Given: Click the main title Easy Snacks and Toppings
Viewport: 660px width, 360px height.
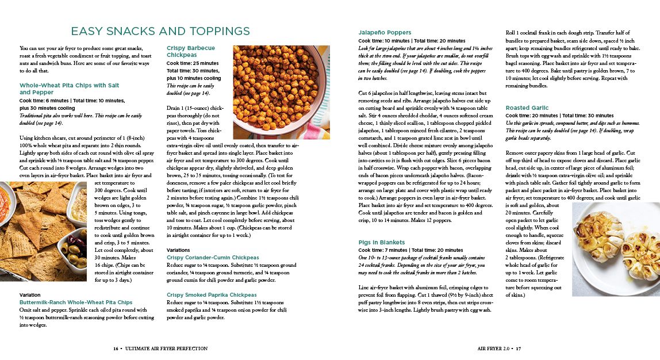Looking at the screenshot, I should coord(160,31).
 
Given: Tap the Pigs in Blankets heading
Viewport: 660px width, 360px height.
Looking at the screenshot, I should coord(382,243).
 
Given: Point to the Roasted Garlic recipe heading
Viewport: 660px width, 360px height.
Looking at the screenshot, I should coord(527,108).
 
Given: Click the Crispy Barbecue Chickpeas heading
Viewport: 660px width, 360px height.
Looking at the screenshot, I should coord(191,51).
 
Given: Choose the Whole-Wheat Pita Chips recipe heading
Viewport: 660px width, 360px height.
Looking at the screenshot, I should coord(69,89).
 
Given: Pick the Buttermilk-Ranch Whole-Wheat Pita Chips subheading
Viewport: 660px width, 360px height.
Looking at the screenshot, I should coord(76,302).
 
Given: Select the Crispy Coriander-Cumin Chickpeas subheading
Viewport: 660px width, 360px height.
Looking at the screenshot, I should coord(213,258).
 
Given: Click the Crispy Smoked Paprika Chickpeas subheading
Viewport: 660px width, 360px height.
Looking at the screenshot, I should coord(212,294).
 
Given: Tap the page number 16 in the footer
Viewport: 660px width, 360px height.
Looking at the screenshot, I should coord(116,348).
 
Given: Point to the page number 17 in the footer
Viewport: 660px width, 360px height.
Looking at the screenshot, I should coord(517,348).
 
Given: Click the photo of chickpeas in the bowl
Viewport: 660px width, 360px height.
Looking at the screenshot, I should coord(277,86).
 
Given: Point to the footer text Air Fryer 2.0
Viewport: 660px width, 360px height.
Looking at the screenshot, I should coord(493,348).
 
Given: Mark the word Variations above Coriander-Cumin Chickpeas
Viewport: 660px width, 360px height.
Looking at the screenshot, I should coord(178,250).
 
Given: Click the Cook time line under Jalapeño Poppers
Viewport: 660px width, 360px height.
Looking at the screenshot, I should coord(412,41).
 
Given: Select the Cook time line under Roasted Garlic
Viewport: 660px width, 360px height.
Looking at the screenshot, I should coord(551,116).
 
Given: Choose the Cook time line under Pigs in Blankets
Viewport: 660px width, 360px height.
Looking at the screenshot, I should coord(410,251).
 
